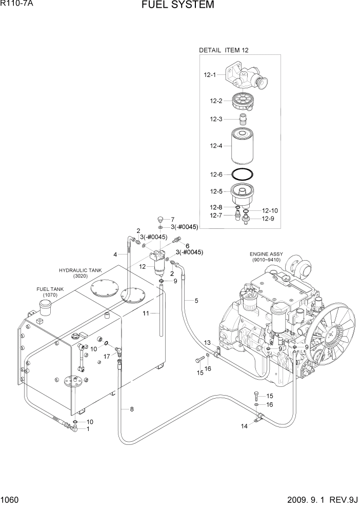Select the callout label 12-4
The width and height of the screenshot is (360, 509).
pos(216,146)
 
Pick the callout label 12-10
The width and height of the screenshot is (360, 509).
pos(270,210)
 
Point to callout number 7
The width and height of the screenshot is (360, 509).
pos(173,219)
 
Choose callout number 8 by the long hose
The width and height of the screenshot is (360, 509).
pos(132,409)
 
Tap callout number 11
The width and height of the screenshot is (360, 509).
pos(146,313)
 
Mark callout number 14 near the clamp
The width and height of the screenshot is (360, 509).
pos(244,426)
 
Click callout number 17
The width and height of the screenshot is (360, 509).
pos(107,356)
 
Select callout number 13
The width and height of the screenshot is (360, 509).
pos(208,342)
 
